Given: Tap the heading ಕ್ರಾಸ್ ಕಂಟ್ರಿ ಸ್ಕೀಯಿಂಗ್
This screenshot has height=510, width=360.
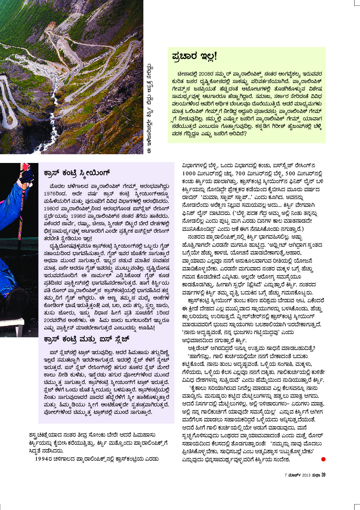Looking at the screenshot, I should click(x=77, y=173).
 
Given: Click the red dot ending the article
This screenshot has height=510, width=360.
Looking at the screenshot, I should click(x=323, y=459).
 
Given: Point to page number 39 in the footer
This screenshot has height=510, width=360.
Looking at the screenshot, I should click(x=323, y=475).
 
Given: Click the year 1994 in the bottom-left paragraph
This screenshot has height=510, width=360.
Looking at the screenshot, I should click(x=41, y=459).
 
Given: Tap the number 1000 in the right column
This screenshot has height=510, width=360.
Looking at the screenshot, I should click(x=189, y=174).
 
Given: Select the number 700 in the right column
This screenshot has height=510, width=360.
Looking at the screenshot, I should click(x=240, y=174).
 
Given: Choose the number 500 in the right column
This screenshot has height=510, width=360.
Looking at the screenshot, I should click(x=291, y=174).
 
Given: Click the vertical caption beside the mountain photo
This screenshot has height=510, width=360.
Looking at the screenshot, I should click(x=150, y=109).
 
